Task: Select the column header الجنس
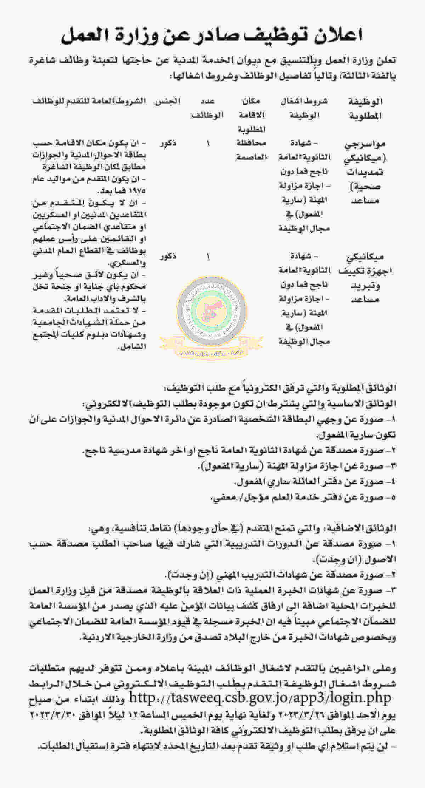tap(168, 101)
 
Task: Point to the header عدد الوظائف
tap(208, 108)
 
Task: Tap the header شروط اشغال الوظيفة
tap(304, 108)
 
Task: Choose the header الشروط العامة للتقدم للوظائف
tap(89, 101)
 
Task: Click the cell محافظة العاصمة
tap(251, 150)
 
